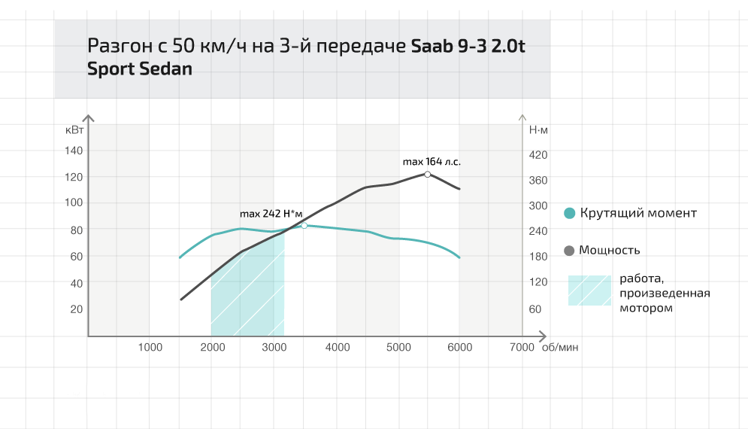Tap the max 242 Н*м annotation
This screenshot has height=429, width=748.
(271, 214)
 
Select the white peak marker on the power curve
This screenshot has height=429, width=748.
(428, 174)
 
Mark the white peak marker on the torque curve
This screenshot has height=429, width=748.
(304, 225)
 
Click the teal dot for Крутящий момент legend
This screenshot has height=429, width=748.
(570, 214)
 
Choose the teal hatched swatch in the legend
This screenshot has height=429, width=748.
(589, 290)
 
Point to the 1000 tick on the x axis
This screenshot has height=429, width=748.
(150, 347)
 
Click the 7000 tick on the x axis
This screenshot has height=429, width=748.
(522, 347)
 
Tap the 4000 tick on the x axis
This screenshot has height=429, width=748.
(338, 347)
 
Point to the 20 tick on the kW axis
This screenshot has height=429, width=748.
(76, 309)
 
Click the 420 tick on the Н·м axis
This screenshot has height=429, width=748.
(538, 154)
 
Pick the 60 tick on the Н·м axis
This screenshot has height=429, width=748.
(535, 309)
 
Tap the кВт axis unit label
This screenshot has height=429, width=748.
(75, 129)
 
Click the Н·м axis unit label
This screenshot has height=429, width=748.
(539, 129)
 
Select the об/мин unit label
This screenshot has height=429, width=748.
(560, 347)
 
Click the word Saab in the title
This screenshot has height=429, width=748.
(433, 45)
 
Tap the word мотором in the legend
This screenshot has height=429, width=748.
(646, 308)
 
